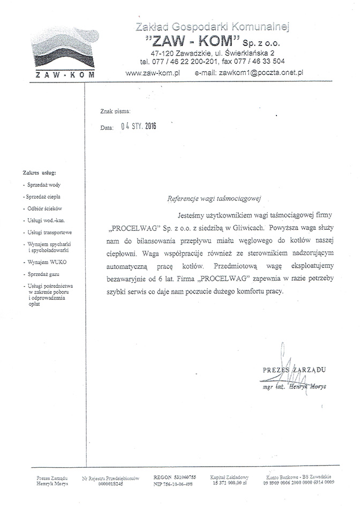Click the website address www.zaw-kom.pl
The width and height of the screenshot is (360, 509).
tap(153, 71)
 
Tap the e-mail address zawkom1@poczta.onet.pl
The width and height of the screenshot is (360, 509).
tap(250, 71)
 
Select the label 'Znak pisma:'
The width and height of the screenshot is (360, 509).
tap(115, 111)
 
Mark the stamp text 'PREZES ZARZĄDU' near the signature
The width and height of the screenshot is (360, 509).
tap(294, 370)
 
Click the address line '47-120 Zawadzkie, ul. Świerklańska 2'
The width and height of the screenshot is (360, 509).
tap(213, 53)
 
